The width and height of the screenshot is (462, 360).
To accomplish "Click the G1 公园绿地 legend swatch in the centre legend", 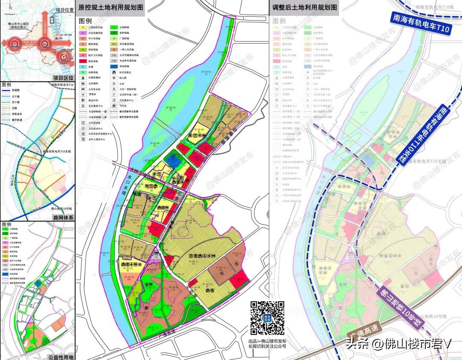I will pos(115,27).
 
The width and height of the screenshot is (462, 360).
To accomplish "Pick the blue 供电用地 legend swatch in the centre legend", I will pos(115,66).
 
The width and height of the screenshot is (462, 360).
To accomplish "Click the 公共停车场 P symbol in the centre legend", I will pos(115,94).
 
